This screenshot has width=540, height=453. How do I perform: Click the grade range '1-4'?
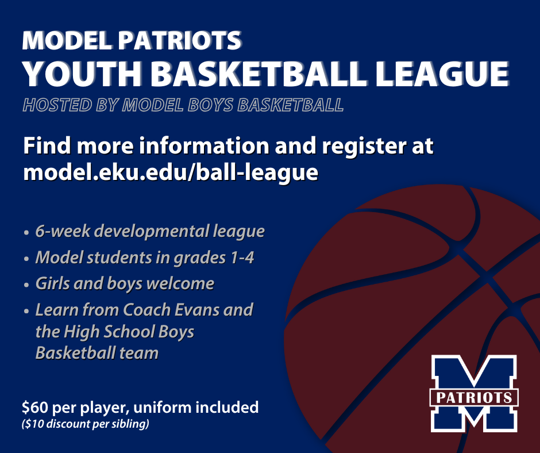242,258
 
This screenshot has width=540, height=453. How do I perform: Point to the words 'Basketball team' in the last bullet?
97,352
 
